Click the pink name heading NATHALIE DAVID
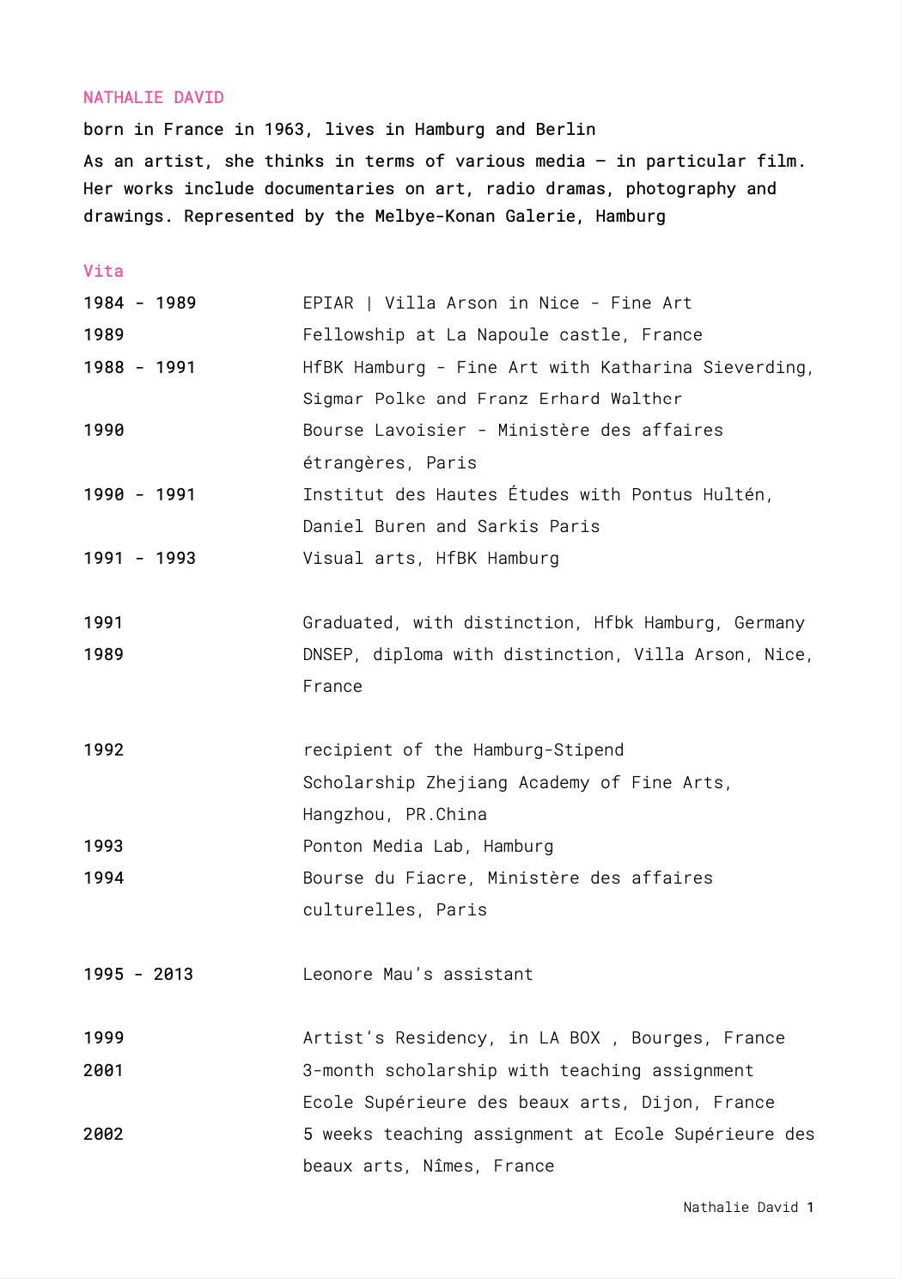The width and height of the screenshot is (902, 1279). pyautogui.click(x=154, y=98)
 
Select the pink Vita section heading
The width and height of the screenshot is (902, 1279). pyautogui.click(x=103, y=272)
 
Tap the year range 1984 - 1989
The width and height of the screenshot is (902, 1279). pyautogui.click(x=139, y=303)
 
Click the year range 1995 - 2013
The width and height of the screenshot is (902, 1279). pyautogui.click(x=138, y=975)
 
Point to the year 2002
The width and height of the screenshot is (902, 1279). pyautogui.click(x=103, y=1135)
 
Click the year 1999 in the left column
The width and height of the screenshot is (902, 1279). pyautogui.click(x=103, y=1038)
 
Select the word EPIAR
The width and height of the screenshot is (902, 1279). pyautogui.click(x=328, y=303)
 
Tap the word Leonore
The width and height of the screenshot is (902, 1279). pyautogui.click(x=338, y=975)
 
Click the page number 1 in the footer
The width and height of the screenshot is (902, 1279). pyautogui.click(x=809, y=1208)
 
